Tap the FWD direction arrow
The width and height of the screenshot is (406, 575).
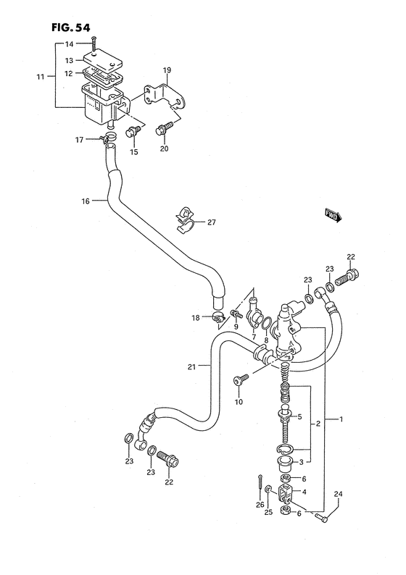(332, 214)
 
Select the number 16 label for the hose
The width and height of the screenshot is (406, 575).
(85, 201)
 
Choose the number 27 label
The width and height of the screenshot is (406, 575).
(211, 223)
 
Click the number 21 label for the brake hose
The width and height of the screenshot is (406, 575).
(191, 367)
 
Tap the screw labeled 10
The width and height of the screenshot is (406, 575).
(239, 380)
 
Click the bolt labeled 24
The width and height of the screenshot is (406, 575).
(324, 517)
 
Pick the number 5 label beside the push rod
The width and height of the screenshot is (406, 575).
(299, 416)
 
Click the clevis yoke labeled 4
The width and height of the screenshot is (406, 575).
(285, 495)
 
